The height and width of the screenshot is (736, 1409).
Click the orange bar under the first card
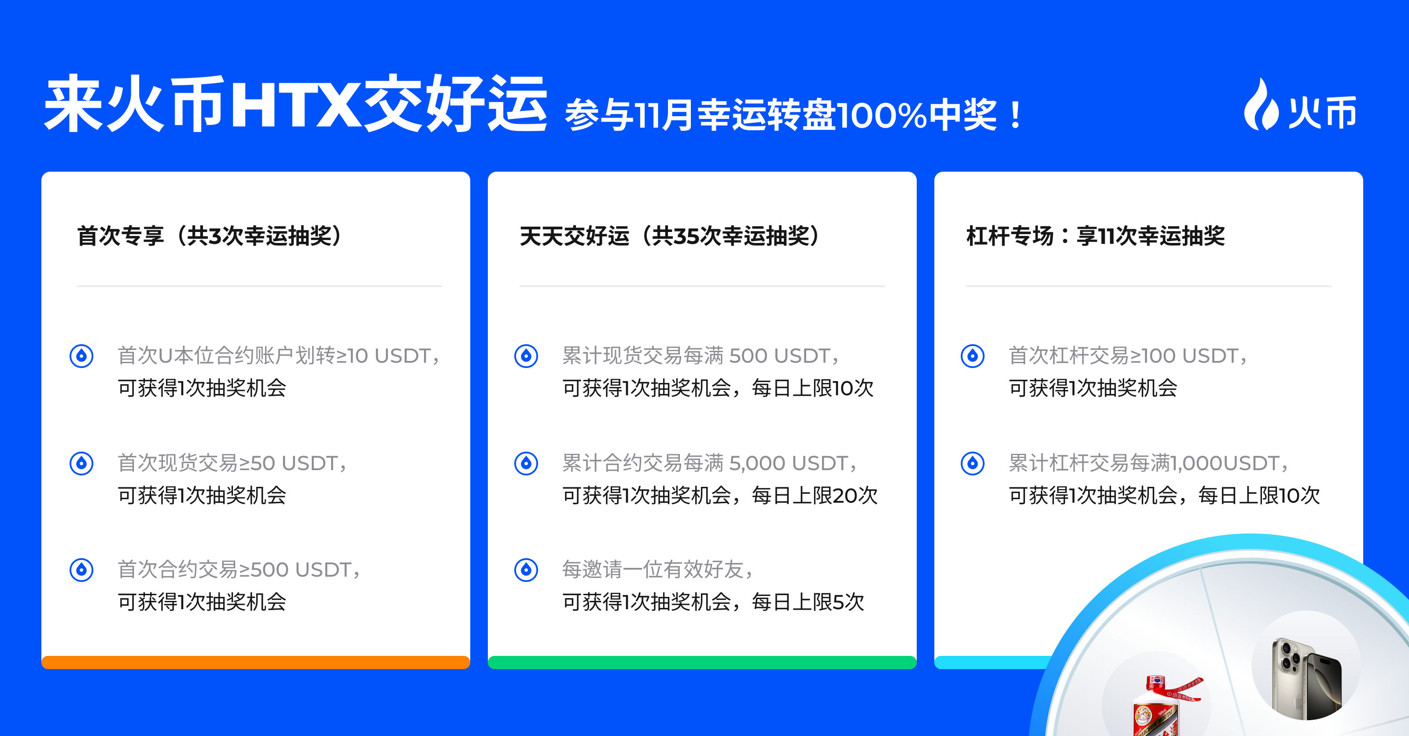point(255,662)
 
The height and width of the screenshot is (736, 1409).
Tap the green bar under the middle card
point(702,662)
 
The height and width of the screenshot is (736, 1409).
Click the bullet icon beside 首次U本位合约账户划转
point(81,356)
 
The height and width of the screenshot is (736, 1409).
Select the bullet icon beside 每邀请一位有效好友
point(526,570)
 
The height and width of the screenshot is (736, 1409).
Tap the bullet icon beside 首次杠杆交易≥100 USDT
point(973,356)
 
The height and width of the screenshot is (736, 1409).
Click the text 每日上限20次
point(815,495)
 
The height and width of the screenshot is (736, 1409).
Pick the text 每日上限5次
point(808,602)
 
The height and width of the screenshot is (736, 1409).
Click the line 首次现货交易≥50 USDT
point(232,463)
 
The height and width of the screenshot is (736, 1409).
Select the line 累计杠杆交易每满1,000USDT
point(1149,463)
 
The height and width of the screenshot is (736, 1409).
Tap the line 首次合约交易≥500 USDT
point(239,570)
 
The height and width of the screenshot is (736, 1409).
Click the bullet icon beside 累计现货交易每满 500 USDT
point(526,356)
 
